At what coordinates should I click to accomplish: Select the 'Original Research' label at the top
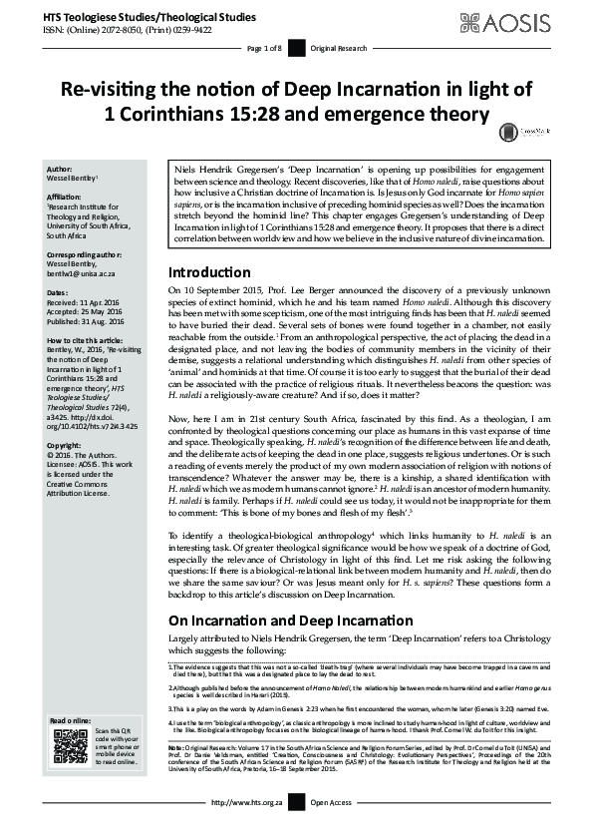338,48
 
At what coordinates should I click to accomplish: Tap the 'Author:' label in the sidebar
59,170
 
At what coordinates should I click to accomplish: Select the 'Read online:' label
68,719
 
